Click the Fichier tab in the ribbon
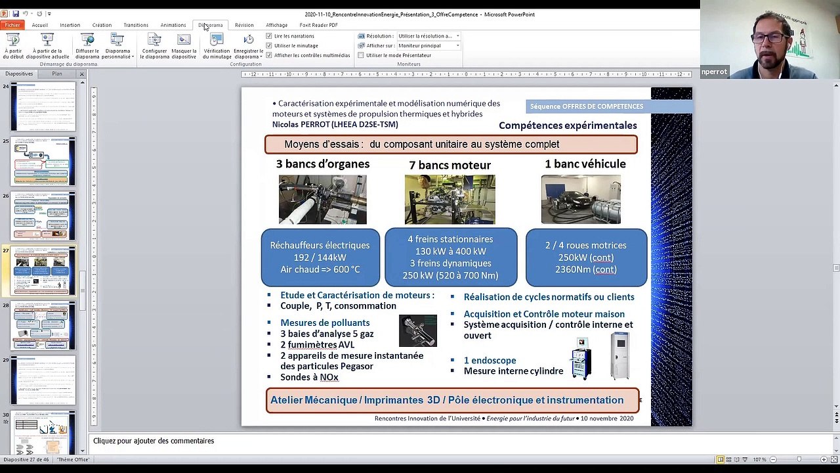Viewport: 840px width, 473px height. (12, 25)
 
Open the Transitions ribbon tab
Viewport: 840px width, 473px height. (136, 25)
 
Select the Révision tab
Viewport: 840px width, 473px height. (244, 25)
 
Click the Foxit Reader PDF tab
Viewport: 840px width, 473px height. (318, 25)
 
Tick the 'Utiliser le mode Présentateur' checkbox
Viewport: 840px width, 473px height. (361, 55)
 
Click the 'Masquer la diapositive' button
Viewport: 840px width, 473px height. (184, 47)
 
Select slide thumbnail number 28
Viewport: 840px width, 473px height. (43, 325)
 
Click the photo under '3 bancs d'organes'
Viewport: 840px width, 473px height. (322, 199)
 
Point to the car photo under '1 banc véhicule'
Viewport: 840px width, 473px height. (581, 199)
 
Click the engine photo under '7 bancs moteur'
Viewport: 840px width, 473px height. (450, 199)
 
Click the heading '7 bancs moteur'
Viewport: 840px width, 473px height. (450, 165)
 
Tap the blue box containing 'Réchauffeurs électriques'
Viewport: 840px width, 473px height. (320, 257)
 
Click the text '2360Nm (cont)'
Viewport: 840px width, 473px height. (585, 269)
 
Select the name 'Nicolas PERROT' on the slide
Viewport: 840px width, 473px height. (301, 124)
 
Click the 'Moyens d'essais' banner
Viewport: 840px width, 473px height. (450, 145)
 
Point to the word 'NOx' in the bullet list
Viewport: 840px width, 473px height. (329, 377)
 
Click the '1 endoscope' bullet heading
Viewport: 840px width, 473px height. (490, 360)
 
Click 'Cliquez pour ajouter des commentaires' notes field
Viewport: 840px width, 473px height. (154, 441)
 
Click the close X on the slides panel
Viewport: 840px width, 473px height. (82, 74)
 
